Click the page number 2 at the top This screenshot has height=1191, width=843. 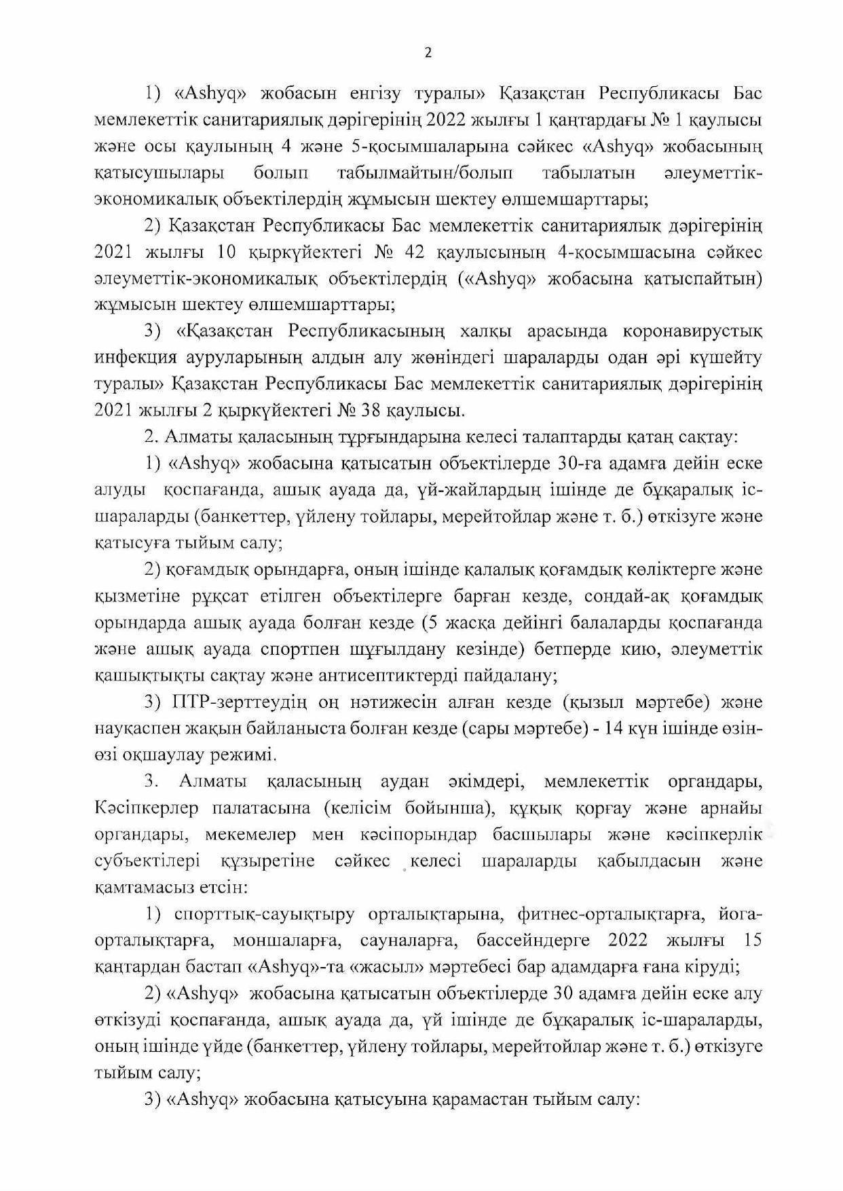428,54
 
